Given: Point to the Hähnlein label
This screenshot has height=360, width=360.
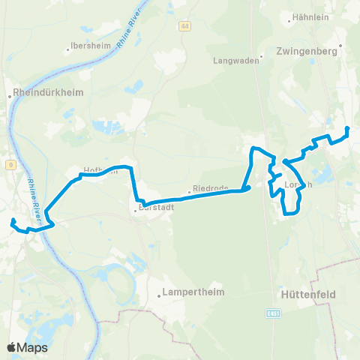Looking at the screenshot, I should pos(310,16).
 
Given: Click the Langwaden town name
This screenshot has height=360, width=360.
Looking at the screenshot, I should pos(235,61).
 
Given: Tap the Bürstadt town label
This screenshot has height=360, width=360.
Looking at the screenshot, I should pos(156,209).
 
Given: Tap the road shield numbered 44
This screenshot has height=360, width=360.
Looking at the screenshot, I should pos(184,26).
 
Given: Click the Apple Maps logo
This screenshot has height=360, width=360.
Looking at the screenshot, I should pos(27,347).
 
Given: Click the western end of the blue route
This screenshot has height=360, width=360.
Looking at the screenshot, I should pos(13,220).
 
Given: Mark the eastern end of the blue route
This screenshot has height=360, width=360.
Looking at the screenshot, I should pos(347,130).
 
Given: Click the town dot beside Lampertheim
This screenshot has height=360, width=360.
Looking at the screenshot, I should pos(159,295).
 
